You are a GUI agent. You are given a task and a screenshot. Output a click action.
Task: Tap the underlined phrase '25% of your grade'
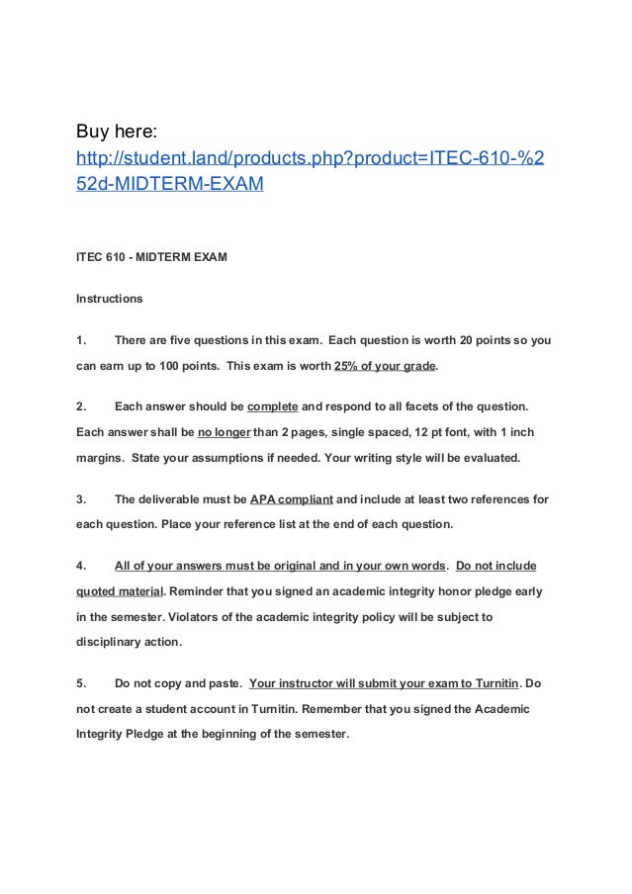tap(385, 366)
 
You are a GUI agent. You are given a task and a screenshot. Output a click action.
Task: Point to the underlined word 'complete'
tap(272, 406)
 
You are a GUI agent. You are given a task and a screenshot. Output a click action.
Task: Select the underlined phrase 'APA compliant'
tap(291, 499)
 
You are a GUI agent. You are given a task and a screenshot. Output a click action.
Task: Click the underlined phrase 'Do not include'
tap(496, 567)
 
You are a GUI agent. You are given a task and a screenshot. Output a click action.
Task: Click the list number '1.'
tap(82, 340)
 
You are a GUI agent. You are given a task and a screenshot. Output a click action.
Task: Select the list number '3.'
tap(82, 499)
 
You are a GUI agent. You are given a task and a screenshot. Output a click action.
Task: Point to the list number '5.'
tap(82, 683)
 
